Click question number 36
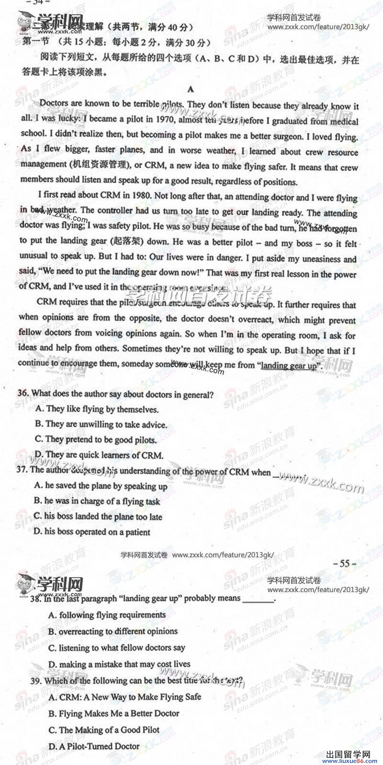(x=23, y=393)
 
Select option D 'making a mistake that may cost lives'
(x=119, y=664)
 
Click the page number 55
(x=344, y=564)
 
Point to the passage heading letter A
(x=190, y=89)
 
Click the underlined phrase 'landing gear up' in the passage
(x=289, y=365)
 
